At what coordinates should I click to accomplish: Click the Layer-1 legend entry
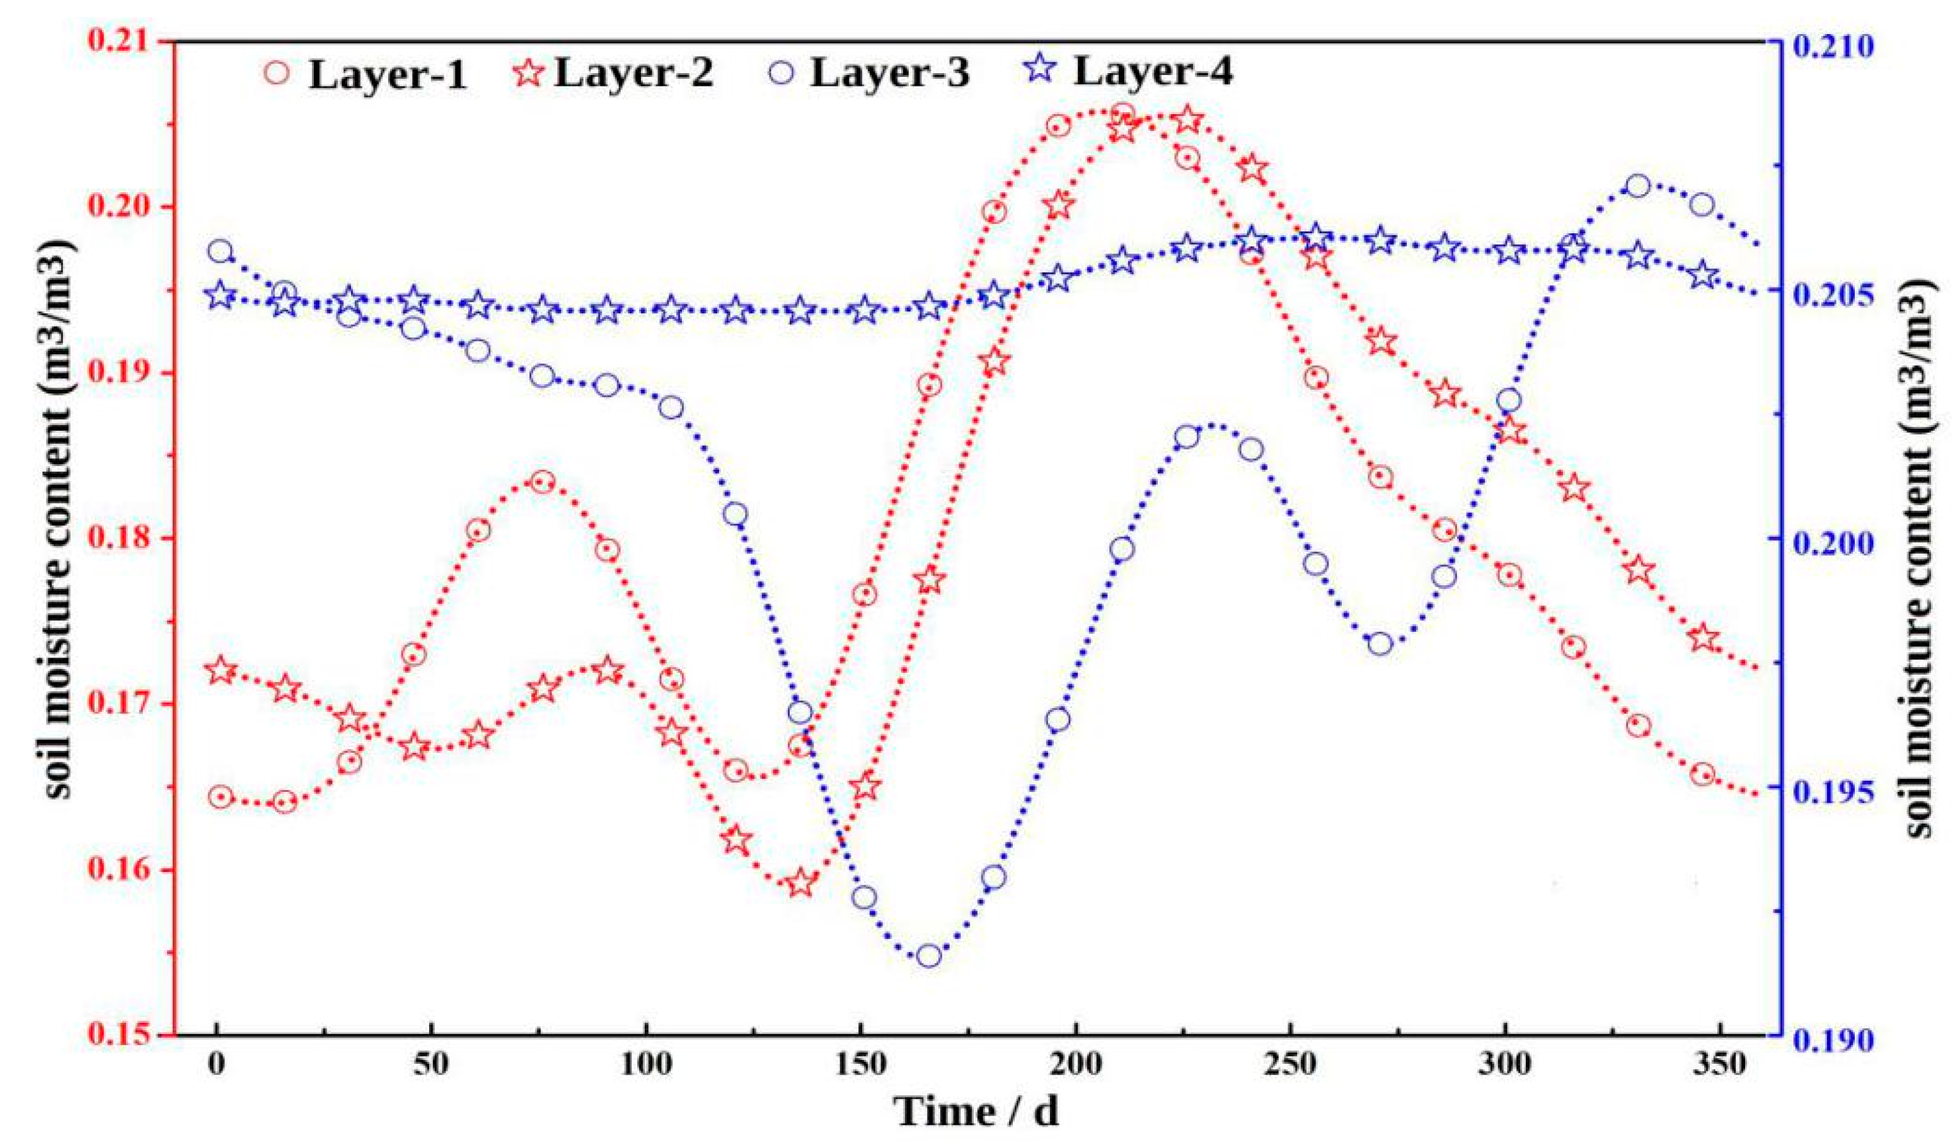386,76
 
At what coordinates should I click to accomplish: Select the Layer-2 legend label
634,74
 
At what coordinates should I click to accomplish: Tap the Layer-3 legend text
889,74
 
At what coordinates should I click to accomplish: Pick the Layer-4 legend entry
1153,72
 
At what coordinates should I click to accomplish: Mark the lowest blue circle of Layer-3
929,957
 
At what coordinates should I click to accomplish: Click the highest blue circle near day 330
1638,186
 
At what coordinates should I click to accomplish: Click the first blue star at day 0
220,296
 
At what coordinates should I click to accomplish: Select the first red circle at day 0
221,797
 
